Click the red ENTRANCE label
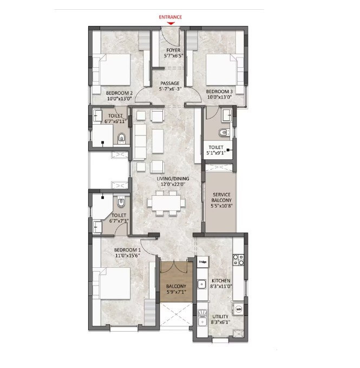(171, 17)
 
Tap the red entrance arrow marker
(171, 23)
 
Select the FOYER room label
(173, 50)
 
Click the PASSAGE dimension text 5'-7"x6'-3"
(170, 89)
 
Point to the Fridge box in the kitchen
(202, 262)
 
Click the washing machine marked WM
(239, 309)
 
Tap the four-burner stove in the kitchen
(238, 260)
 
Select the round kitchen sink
(201, 284)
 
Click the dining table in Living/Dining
(166, 203)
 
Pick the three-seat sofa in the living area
(140, 141)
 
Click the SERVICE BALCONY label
(221, 197)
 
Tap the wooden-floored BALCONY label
(176, 286)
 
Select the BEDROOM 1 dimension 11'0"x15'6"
(127, 256)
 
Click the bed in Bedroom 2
(112, 70)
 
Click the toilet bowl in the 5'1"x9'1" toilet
(224, 133)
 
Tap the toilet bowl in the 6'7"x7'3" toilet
(121, 202)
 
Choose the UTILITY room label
(220, 317)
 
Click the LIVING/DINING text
(173, 179)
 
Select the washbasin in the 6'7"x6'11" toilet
(97, 115)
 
